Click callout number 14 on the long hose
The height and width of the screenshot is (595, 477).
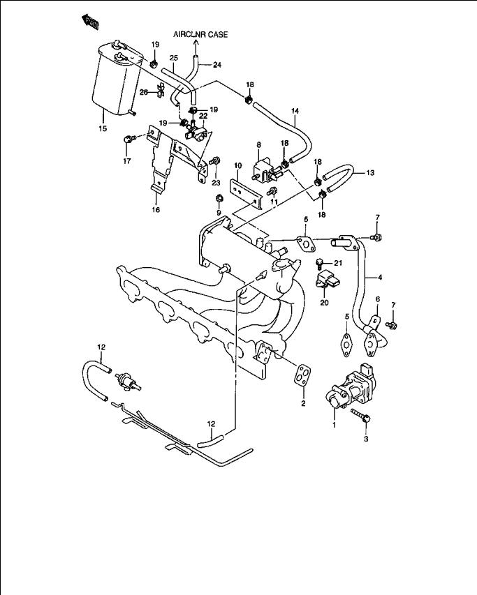click(x=295, y=111)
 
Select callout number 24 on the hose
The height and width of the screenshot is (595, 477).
click(x=217, y=65)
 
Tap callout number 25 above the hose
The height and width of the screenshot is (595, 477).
click(x=175, y=57)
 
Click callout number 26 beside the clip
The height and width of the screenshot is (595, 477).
click(x=143, y=92)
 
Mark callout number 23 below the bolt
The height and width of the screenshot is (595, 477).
click(x=216, y=183)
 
